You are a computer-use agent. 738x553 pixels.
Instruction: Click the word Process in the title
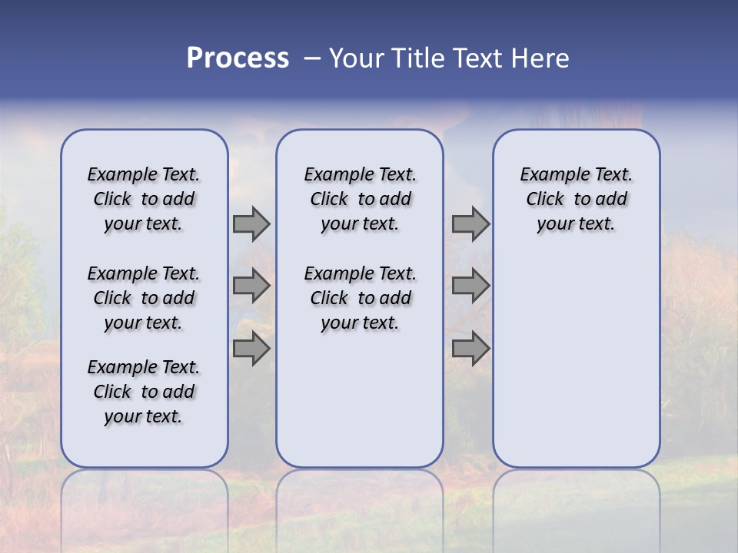click(x=238, y=58)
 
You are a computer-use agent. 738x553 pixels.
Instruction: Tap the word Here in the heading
click(x=539, y=58)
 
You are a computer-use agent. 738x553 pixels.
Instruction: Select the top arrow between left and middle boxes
click(x=251, y=224)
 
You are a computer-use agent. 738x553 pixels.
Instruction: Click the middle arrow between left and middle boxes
click(x=251, y=286)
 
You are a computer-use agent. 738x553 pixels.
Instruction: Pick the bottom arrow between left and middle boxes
click(x=251, y=349)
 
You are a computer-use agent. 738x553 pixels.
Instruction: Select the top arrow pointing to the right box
click(x=470, y=224)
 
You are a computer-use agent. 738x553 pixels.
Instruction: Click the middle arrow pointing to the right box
click(x=470, y=286)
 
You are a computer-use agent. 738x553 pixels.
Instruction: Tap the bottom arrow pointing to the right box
click(x=470, y=349)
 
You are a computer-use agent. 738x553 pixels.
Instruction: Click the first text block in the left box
click(x=144, y=199)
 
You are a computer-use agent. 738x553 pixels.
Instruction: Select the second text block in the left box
click(x=144, y=298)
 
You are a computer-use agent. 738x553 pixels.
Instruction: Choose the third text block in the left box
click(x=144, y=392)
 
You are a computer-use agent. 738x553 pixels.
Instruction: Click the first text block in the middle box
click(x=360, y=199)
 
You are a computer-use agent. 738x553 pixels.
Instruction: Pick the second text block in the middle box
click(x=360, y=298)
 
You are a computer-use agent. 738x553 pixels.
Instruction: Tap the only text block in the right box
click(x=576, y=199)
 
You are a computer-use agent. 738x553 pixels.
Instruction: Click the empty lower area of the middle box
click(x=360, y=399)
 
